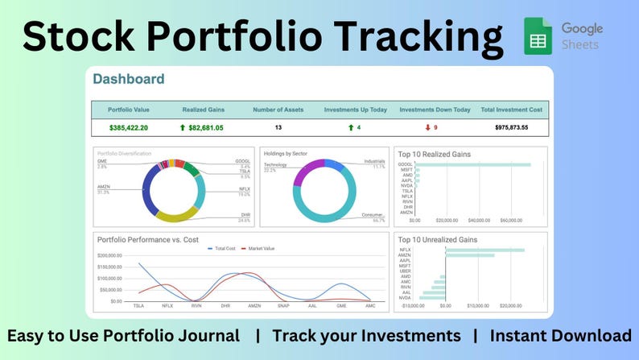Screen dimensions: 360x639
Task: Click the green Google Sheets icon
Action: coord(538,36)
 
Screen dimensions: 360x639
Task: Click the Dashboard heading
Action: coord(129,79)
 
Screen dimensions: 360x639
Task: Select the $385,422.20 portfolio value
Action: coord(129,127)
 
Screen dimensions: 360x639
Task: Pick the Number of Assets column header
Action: coord(278,110)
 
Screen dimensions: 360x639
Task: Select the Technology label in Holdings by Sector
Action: coord(275,164)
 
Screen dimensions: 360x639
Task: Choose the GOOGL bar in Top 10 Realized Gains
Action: coord(476,164)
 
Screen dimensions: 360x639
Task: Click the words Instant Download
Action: coord(560,336)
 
